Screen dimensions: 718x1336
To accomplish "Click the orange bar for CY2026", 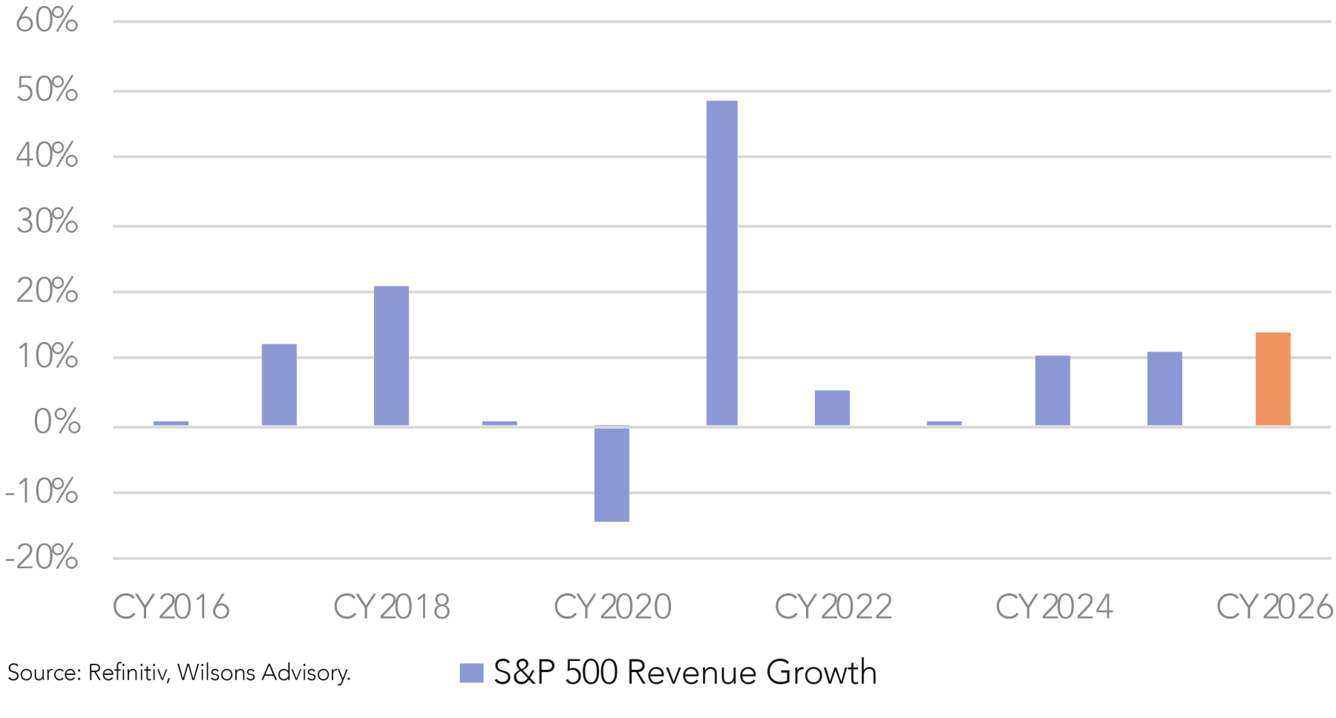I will point(1272,379).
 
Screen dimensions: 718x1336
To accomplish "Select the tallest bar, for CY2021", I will point(721,263).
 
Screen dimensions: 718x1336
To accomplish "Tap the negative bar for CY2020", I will point(612,474).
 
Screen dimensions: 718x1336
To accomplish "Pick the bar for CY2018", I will point(391,356).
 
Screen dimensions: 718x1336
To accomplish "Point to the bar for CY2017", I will point(279,385).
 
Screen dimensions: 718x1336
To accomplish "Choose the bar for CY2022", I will point(832,408).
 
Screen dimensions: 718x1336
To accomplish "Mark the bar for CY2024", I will point(1052,391).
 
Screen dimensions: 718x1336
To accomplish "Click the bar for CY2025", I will point(1164,389).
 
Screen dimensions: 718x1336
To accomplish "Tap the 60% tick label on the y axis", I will point(47,21).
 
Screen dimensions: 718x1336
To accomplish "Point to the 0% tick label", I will point(56,423).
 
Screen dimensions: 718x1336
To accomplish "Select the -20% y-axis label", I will point(42,558).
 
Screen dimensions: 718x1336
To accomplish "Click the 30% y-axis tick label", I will point(47,222).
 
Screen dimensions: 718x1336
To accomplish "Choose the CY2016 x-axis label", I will point(171,607).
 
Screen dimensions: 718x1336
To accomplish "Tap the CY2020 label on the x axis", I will point(612,607).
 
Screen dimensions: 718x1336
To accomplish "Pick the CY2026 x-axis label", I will point(1274,607).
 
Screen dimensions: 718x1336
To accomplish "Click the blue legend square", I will point(471,673).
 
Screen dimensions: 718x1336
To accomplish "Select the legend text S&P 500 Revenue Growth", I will point(684,673).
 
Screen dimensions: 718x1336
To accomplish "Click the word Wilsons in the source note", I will point(217,673).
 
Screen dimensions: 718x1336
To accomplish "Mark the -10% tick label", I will point(42,491).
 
